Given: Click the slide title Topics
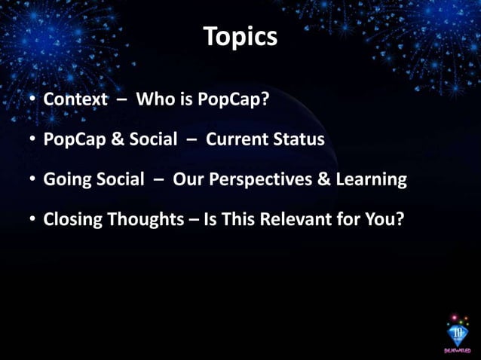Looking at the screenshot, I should tap(240, 36).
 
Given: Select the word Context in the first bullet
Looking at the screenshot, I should tap(75, 100).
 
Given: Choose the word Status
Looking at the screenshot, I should tap(301, 140).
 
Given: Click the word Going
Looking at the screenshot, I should tap(66, 180).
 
